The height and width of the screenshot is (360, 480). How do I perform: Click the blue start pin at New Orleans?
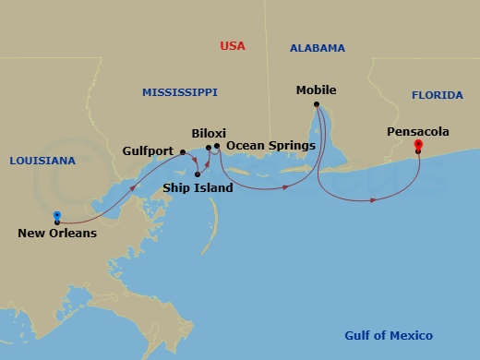tap(57, 214)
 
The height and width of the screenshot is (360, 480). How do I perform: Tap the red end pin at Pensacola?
tap(418, 145)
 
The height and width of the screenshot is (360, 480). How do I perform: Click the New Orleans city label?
tap(57, 234)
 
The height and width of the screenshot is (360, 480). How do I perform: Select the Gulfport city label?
tap(149, 150)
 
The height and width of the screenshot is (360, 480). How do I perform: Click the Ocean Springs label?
tap(270, 146)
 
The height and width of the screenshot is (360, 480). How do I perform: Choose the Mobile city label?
tap(316, 90)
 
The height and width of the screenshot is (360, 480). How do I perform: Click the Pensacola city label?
tap(418, 132)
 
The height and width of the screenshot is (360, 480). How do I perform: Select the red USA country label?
tap(234, 46)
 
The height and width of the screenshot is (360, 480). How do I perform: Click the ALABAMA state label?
tap(317, 48)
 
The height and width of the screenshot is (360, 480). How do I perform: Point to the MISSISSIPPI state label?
tap(179, 92)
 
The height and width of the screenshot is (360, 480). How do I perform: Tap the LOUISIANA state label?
tap(42, 161)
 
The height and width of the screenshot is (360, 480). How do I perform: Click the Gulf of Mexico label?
tap(388, 336)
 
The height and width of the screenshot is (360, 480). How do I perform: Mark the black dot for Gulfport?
tap(183, 151)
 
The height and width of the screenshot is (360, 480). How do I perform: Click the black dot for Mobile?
tap(317, 104)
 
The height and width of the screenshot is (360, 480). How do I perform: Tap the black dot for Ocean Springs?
tap(217, 146)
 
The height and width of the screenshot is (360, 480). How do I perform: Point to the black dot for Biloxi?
tap(208, 146)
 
